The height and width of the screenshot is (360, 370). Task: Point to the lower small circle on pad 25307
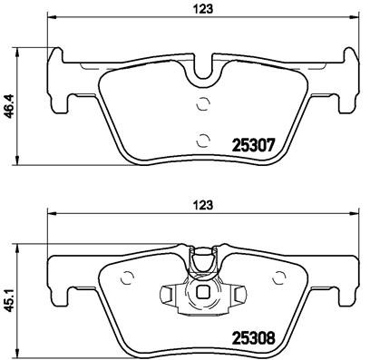(202, 140)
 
